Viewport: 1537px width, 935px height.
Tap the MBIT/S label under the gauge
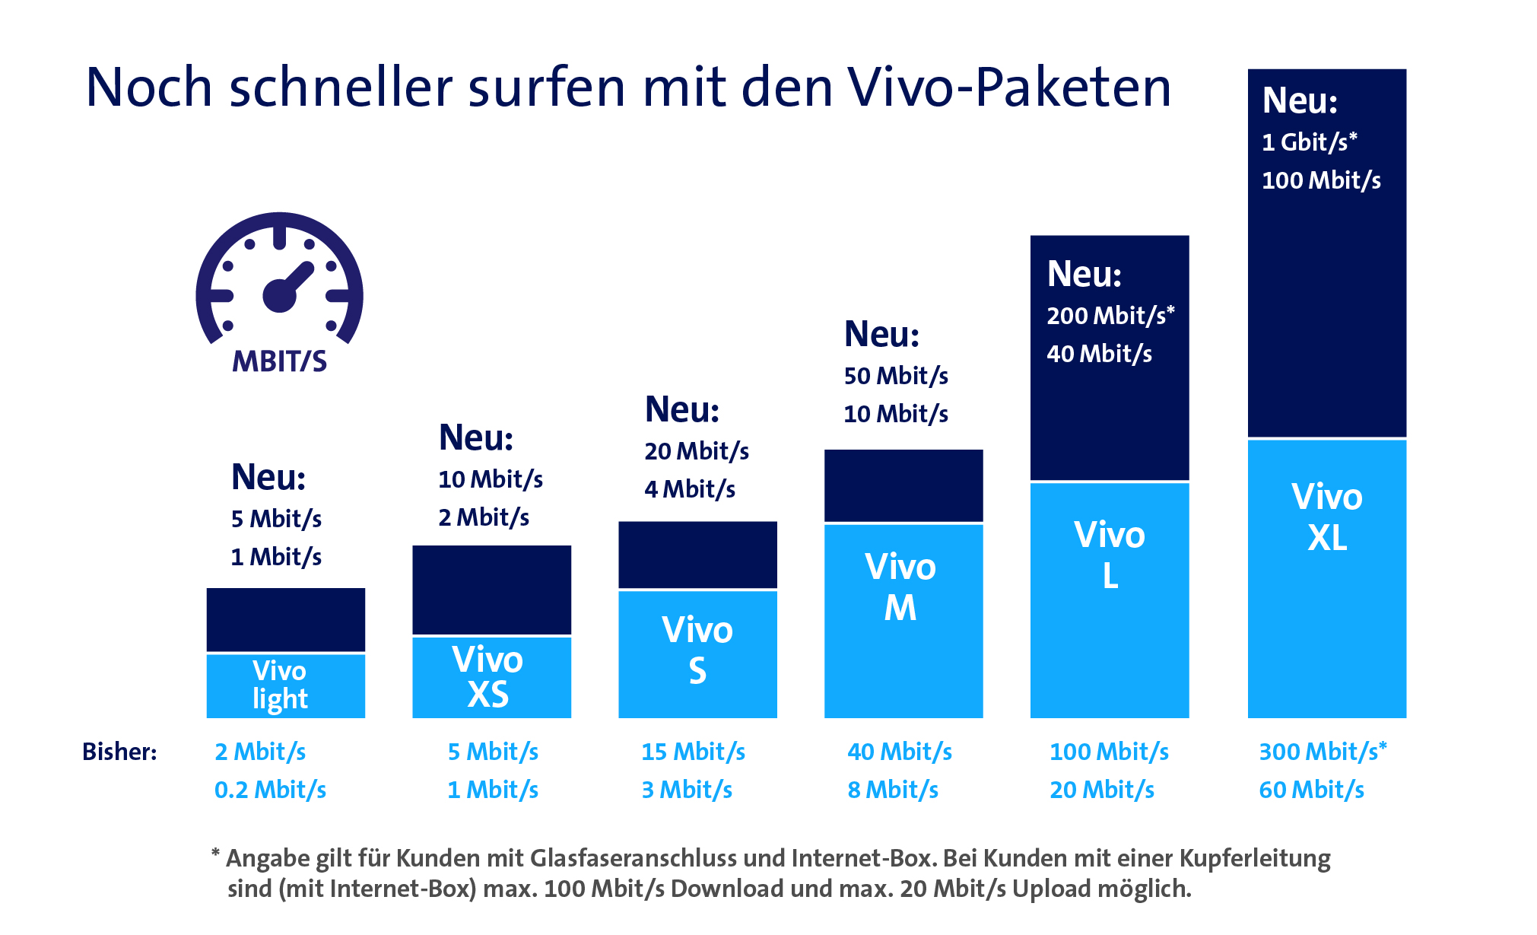click(279, 361)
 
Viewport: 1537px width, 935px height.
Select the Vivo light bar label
click(280, 685)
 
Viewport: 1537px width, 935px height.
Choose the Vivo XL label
click(1327, 517)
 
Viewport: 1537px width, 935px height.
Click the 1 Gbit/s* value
click(1309, 142)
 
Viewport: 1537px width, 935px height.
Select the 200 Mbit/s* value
click(1110, 316)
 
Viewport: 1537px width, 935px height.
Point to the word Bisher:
click(119, 752)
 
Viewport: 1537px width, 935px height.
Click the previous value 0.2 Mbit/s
click(270, 790)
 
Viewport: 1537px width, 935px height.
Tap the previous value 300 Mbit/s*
click(1323, 752)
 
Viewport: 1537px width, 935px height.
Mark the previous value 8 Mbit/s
click(893, 790)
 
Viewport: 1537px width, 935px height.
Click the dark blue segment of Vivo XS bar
click(491, 590)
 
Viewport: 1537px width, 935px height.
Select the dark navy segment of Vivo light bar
click(285, 619)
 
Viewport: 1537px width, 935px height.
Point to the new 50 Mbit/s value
click(896, 376)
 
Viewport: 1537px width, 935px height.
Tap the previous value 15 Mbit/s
click(693, 752)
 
